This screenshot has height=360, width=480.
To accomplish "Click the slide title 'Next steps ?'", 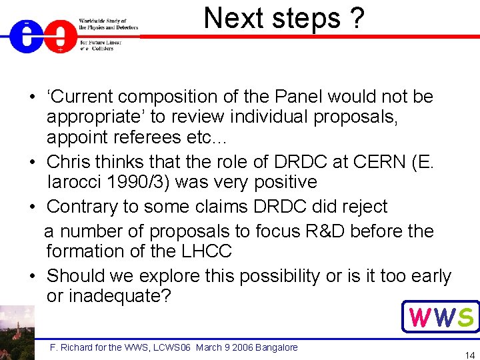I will coord(284,18).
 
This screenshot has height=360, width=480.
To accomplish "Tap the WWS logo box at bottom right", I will coord(441,317).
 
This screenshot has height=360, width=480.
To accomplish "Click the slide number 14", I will coord(469,355).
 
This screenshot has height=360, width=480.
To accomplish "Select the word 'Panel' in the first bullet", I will coord(314,97).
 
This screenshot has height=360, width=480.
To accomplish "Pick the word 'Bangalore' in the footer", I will coord(275,347).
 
